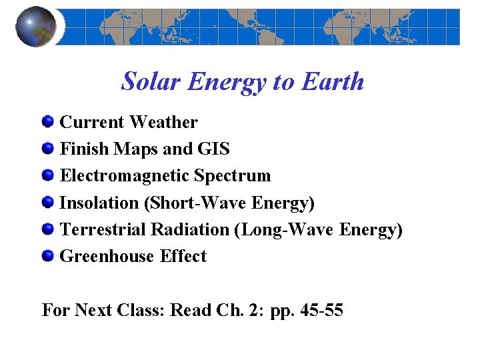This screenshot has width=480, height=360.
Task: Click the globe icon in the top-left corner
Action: pos(35,27)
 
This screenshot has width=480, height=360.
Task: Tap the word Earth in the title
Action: pos(333,82)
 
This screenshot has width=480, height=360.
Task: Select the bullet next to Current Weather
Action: pos(47,122)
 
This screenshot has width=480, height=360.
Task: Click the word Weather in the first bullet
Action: pos(163,123)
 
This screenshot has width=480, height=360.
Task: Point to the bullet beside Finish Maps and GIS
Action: pos(47,149)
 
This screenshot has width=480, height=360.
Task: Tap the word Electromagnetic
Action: pos(125,176)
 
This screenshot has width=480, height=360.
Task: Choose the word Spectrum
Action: pos(233,176)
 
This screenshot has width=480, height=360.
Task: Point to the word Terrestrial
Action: pos(103,229)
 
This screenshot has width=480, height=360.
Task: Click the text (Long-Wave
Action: pos(285,229)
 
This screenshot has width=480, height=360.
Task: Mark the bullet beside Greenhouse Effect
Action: pos(47,256)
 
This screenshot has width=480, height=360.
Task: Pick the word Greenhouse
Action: pos(107,256)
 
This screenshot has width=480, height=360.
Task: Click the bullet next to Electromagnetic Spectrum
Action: pos(47,175)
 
